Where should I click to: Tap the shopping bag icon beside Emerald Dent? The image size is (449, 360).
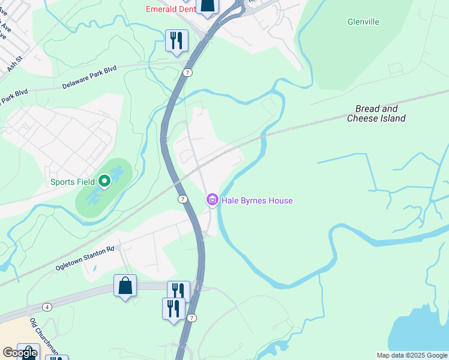tap(207, 6)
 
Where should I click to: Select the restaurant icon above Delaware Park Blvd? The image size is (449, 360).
tap(176, 40)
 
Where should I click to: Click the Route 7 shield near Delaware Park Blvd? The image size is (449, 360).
tap(188, 73)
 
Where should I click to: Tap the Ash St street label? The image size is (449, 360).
tap(14, 64)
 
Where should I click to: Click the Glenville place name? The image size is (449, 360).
tap(363, 22)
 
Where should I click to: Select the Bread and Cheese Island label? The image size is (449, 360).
tap(376, 113)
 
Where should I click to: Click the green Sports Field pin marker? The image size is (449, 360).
tap(104, 180)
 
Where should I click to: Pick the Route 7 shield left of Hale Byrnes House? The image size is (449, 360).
tap(182, 199)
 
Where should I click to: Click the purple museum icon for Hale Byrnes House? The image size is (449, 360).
tap(212, 200)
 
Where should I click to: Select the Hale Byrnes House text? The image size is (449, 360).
tap(257, 200)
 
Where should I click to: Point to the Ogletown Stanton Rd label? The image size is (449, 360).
tap(85, 257)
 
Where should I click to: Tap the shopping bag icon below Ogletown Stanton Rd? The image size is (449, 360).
tap(125, 286)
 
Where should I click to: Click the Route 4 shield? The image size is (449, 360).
tap(47, 307)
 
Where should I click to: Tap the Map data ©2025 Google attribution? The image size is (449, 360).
tap(412, 355)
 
